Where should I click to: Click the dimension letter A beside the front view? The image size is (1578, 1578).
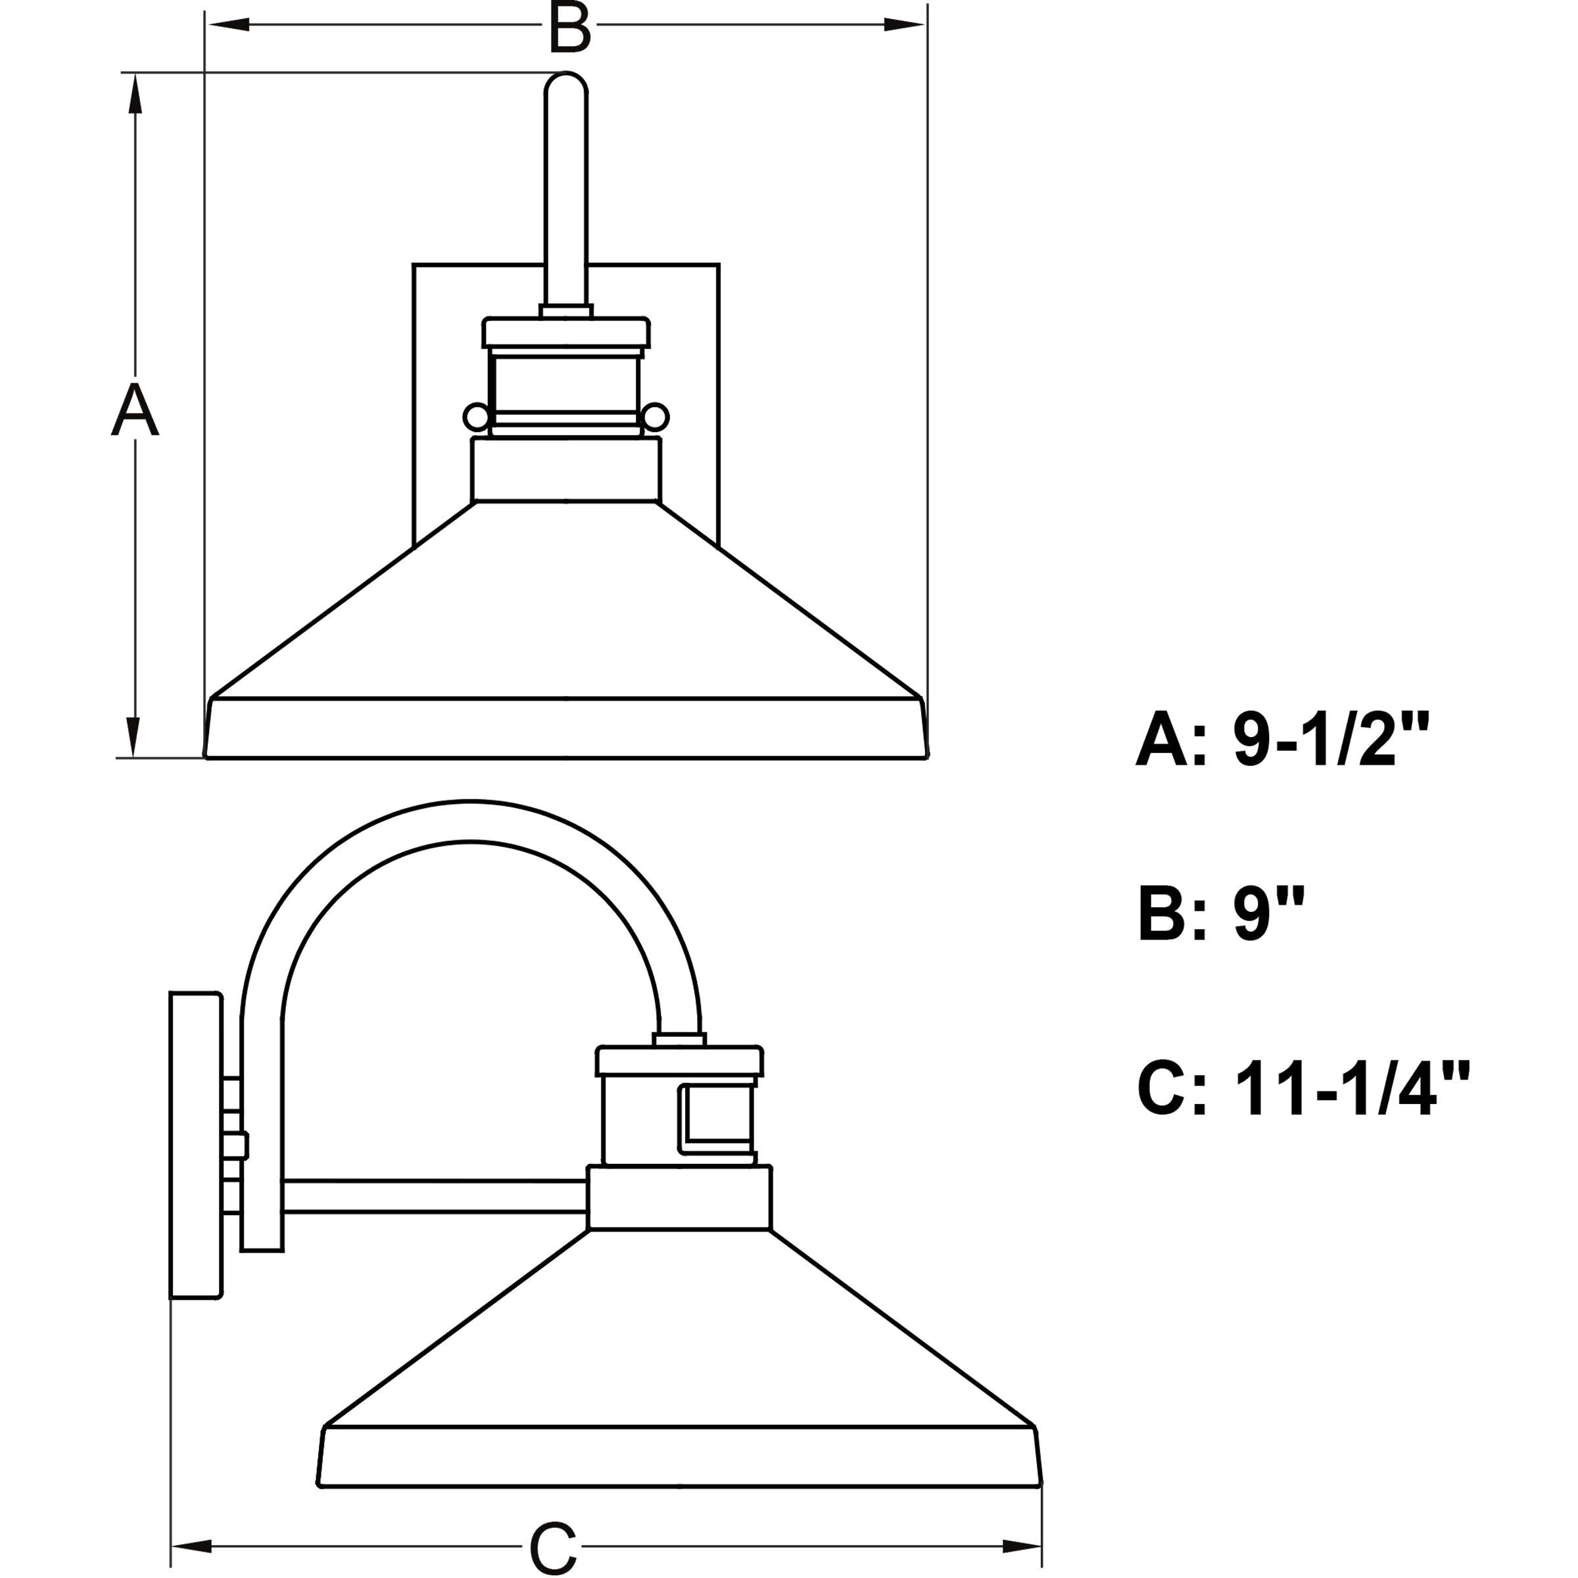135,410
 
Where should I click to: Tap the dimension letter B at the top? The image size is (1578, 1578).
569,28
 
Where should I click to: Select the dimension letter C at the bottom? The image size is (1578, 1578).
553,1547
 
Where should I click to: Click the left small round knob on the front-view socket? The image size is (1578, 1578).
476,418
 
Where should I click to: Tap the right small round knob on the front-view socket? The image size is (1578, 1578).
655,418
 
